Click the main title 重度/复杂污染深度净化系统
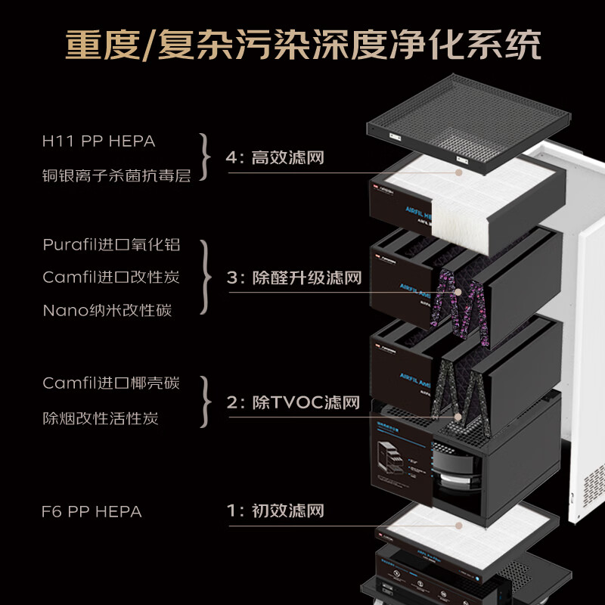(x=302, y=45)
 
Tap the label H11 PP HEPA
(x=98, y=141)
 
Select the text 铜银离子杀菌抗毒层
(x=116, y=175)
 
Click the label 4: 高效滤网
(x=275, y=158)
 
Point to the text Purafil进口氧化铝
(x=111, y=246)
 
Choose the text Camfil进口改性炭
(x=111, y=278)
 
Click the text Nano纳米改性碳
(x=107, y=310)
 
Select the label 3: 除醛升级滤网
(x=293, y=278)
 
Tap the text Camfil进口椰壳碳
(x=111, y=383)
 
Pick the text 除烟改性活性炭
(x=101, y=418)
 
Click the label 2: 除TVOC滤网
(x=293, y=402)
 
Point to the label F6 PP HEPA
(x=92, y=511)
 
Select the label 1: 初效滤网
(x=275, y=511)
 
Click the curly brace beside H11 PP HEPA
(x=204, y=158)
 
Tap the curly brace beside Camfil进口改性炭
(x=204, y=278)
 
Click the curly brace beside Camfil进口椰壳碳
(x=204, y=400)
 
